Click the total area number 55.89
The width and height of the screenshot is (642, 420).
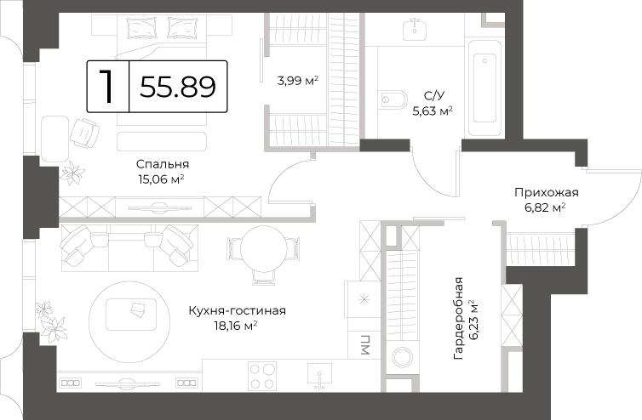click(x=178, y=87)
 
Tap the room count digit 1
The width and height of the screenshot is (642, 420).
click(x=107, y=86)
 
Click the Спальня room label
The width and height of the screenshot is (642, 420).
click(x=163, y=164)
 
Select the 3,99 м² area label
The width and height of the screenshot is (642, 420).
click(x=298, y=81)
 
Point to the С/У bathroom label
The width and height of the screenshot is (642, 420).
click(x=434, y=96)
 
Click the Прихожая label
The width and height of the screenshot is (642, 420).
click(x=546, y=192)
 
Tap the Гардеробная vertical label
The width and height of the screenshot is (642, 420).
click(x=459, y=319)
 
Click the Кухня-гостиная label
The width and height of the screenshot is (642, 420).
click(x=237, y=311)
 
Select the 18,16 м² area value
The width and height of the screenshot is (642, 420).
click(x=235, y=326)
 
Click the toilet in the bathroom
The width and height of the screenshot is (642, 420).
click(x=394, y=99)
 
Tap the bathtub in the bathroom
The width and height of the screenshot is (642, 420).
click(x=484, y=88)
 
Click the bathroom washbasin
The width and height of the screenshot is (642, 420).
click(x=415, y=30)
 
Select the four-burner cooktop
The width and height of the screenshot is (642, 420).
click(x=262, y=377)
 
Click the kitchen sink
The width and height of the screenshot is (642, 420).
click(x=319, y=377)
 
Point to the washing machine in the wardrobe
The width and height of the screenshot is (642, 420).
click(x=402, y=356)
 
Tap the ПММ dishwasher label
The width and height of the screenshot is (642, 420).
click(x=364, y=344)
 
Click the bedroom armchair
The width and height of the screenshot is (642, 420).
click(x=85, y=133)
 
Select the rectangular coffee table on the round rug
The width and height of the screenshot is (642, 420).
click(x=131, y=314)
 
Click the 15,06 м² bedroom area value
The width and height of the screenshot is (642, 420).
click(x=161, y=179)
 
